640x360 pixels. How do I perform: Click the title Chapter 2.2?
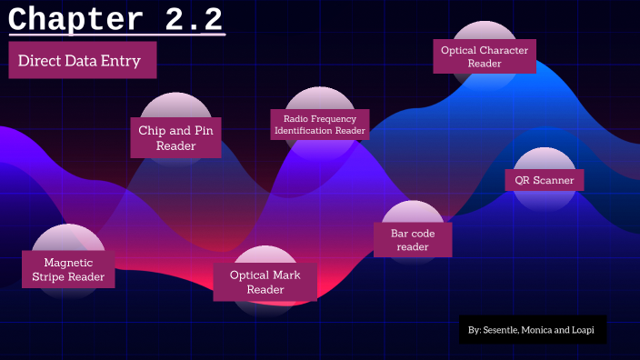[115, 19]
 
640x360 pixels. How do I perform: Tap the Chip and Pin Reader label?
[175, 137]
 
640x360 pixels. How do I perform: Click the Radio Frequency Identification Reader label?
[320, 124]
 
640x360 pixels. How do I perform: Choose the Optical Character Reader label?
[484, 56]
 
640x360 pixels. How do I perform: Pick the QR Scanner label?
[545, 180]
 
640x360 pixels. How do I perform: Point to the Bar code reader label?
[414, 240]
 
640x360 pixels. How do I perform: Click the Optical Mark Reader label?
[265, 282]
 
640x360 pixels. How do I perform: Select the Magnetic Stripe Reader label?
[68, 270]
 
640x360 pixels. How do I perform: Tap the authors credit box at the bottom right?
[533, 330]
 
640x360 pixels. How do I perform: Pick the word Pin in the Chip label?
[202, 130]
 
